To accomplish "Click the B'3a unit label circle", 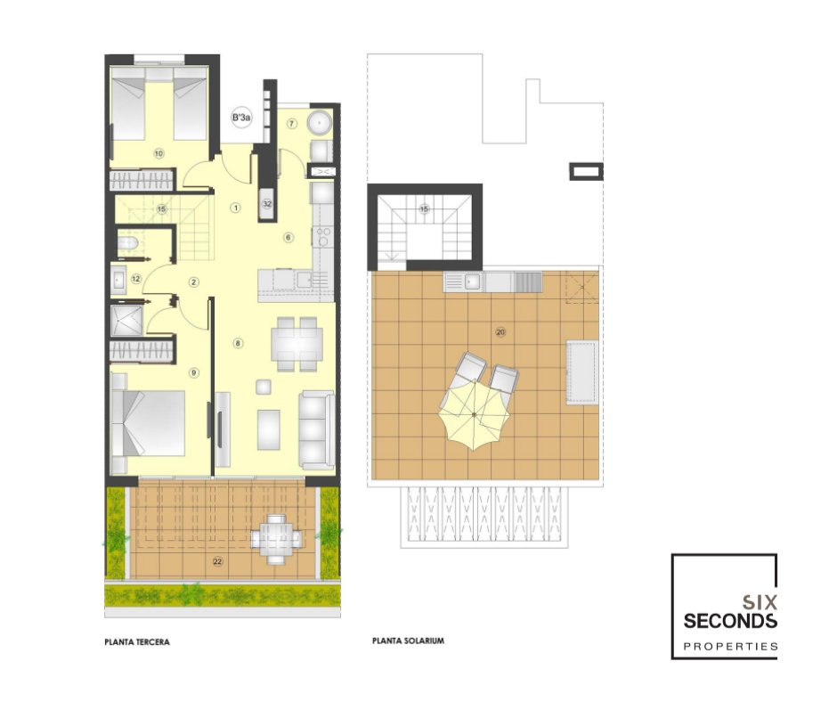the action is point(241,118).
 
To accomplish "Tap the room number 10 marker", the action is point(158,154).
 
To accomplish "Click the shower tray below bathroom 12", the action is point(127,321).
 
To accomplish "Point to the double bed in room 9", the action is point(149,423).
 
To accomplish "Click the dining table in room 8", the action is point(297,344).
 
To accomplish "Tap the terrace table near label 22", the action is point(276,538).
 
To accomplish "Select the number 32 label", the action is point(267,204).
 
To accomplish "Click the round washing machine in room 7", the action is point(319,123).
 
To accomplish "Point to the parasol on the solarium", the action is point(474,414).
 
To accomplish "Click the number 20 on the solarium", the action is point(500,332).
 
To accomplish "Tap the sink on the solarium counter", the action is point(472,281).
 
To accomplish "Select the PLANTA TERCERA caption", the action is point(137,641).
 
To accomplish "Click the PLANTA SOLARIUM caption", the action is point(409,641).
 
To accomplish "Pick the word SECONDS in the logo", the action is point(730,621).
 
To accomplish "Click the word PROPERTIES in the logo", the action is point(730,647).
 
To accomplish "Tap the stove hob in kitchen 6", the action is point(323,237).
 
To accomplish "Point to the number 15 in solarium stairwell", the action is point(425,208).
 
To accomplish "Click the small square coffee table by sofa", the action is point(264,387).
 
